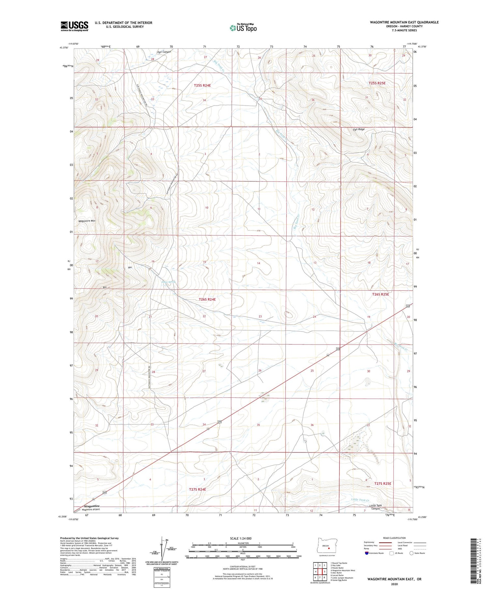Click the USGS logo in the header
click(x=74, y=26)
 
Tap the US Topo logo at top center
click(x=243, y=28)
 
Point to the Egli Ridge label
click(x=359, y=129)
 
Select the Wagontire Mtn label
click(x=87, y=221)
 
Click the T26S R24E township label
click(x=207, y=299)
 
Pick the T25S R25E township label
click(x=377, y=83)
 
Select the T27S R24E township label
click(x=198, y=489)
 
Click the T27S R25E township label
click(x=383, y=483)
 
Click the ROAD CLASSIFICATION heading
click(x=394, y=538)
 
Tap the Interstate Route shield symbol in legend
click(x=367, y=553)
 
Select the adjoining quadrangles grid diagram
click(x=320, y=569)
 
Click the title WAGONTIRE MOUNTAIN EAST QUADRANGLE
click(x=404, y=22)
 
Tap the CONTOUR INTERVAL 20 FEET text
click(x=243, y=566)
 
